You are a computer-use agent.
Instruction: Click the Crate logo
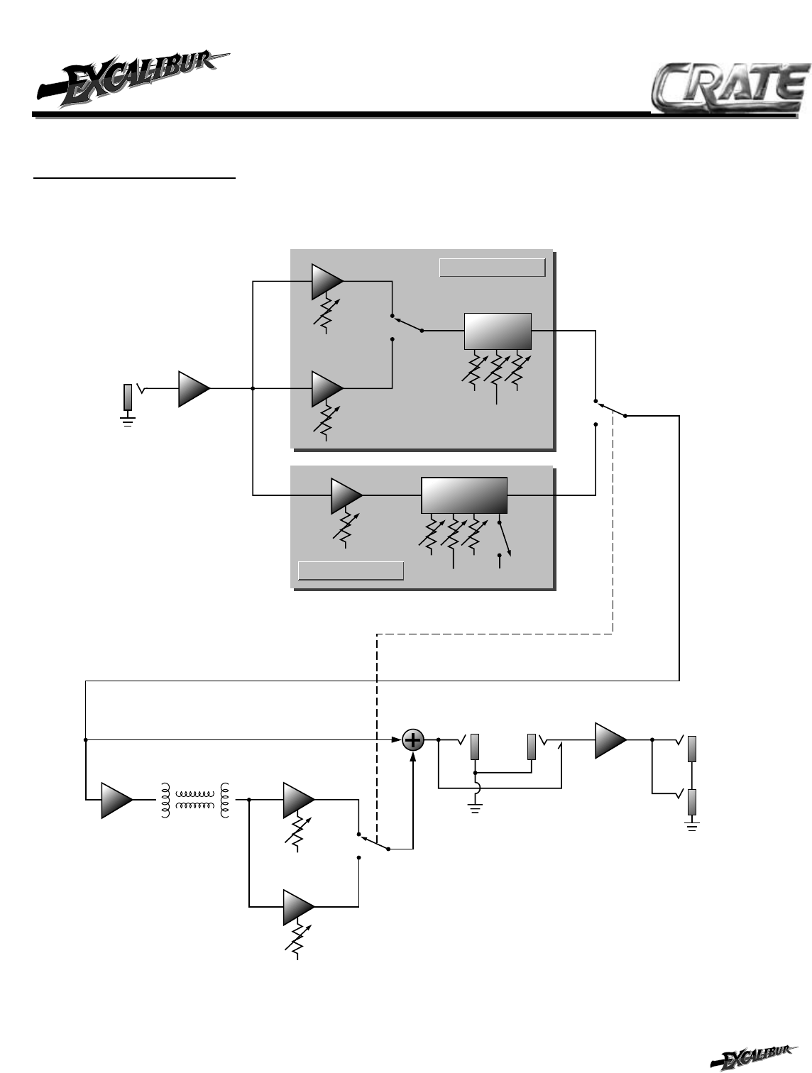point(730,89)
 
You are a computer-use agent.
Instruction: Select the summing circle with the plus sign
point(413,740)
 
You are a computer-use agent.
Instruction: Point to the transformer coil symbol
point(195,800)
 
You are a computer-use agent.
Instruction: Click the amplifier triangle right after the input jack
point(194,388)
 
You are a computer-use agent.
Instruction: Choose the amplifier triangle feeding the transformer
point(116,800)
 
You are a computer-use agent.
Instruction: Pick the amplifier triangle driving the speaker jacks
point(610,739)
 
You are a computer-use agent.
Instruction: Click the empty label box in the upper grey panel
point(492,268)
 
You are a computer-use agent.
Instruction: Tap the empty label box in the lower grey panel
point(351,570)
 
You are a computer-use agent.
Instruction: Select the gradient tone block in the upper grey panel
point(497,331)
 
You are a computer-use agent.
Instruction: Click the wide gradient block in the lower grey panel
point(464,495)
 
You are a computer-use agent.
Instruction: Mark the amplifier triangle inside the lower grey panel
point(346,495)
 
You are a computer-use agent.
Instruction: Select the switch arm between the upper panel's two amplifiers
point(406,324)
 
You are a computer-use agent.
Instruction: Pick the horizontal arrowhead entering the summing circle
point(397,740)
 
